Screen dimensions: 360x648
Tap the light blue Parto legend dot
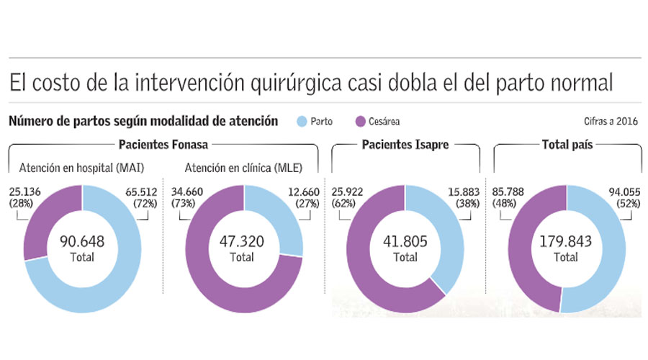pyautogui.click(x=301, y=122)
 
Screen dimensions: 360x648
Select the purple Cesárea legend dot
pyautogui.click(x=361, y=122)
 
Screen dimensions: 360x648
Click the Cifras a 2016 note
pyautogui.click(x=611, y=122)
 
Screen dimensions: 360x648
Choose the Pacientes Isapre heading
pyautogui.click(x=405, y=145)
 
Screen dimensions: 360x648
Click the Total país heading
pyautogui.click(x=566, y=145)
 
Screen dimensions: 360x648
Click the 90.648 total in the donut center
pyautogui.click(x=81, y=242)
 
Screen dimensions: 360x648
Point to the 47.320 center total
pyautogui.click(x=242, y=242)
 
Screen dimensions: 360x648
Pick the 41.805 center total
pyautogui.click(x=405, y=242)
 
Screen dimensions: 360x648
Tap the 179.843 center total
pyautogui.click(x=566, y=242)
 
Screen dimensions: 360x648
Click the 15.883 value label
pyautogui.click(x=460, y=193)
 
